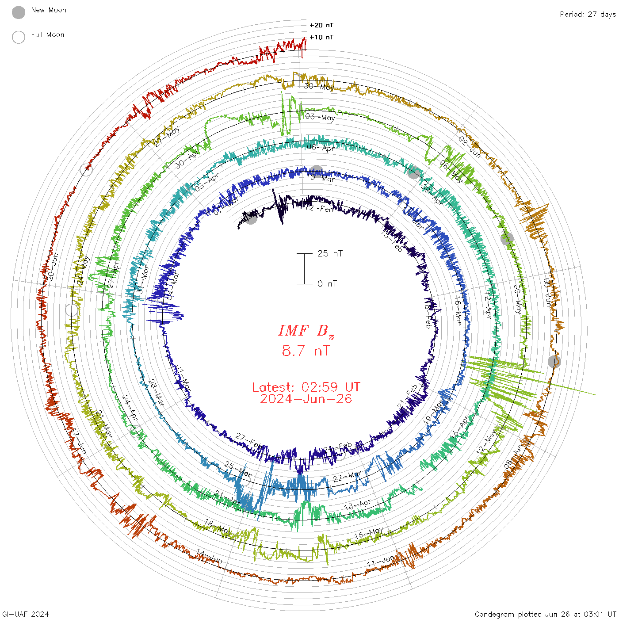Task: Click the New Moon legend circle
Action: [19, 12]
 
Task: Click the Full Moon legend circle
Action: [19, 37]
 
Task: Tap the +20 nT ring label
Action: [321, 25]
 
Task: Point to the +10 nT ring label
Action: [321, 37]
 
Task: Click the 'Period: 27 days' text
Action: [588, 14]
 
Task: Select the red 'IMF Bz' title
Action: [306, 331]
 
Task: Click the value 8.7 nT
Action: [306, 351]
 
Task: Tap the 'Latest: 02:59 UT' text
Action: [306, 387]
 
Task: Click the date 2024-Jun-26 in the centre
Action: [306, 399]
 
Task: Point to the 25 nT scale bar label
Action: [330, 253]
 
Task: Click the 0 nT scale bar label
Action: [327, 283]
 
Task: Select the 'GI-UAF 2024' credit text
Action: [26, 614]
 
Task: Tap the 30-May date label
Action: [319, 87]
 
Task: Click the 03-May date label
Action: [320, 117]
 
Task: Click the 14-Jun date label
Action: [210, 557]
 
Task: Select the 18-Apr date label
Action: [357, 504]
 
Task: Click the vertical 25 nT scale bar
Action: [304, 268]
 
